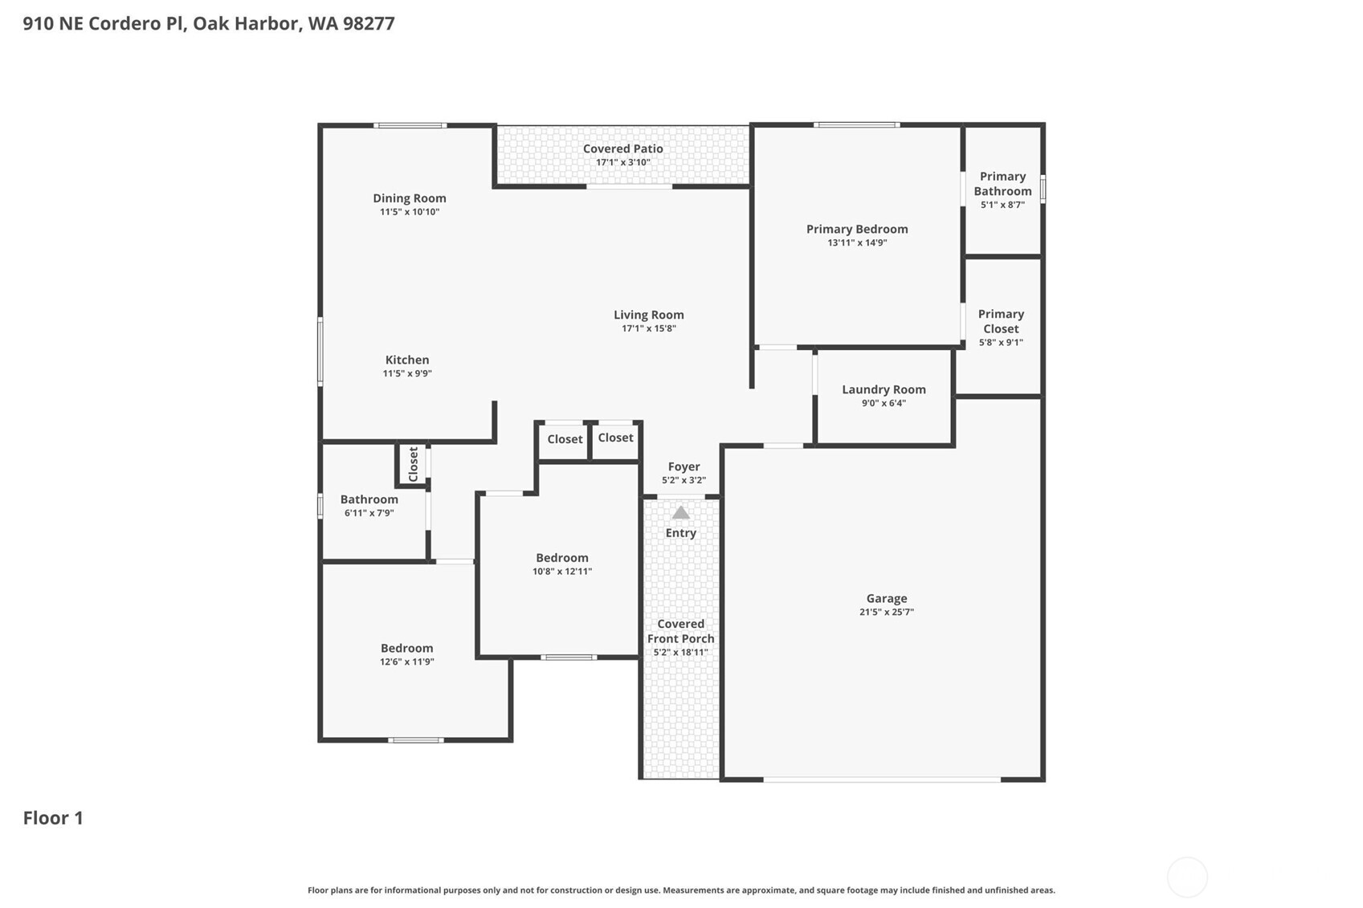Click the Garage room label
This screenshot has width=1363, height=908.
[886, 598]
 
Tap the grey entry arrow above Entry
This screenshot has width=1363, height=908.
[680, 512]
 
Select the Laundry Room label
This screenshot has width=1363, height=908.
[884, 389]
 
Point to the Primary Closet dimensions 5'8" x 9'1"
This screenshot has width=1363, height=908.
[1000, 343]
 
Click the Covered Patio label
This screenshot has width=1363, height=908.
[622, 149]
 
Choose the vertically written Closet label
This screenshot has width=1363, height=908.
[413, 464]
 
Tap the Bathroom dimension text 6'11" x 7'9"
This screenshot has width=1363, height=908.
[369, 513]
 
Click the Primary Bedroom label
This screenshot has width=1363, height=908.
[857, 229]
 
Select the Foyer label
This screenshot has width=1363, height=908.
[684, 466]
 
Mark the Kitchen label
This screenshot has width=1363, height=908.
[406, 360]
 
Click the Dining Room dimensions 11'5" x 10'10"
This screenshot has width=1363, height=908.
[409, 212]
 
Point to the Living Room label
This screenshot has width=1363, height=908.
[648, 315]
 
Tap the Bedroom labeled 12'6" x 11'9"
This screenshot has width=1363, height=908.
[406, 648]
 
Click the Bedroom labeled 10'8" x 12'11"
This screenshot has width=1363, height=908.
[561, 558]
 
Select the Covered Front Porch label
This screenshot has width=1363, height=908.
[680, 631]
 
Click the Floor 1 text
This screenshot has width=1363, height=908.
[53, 817]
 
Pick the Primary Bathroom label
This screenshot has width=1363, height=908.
[1002, 184]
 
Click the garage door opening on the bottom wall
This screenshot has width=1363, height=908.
[881, 779]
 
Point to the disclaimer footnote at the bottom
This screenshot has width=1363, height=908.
[681, 890]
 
